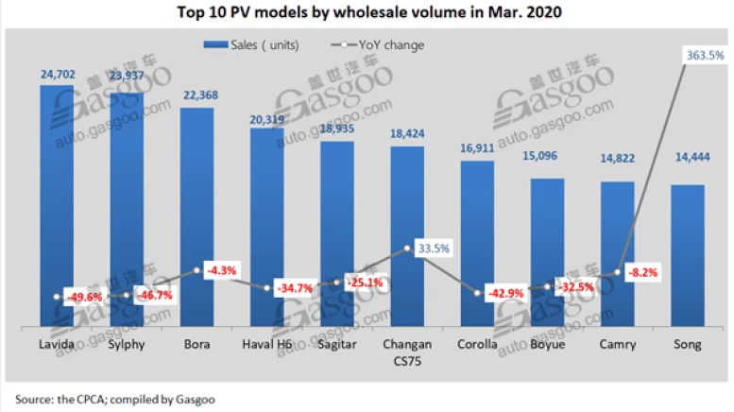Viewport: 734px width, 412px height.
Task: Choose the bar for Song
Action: click(687, 255)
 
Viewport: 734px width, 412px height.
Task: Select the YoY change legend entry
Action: click(382, 44)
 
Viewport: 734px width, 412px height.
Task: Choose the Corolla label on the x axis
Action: click(477, 345)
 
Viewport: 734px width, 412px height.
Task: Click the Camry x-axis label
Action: click(617, 345)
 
